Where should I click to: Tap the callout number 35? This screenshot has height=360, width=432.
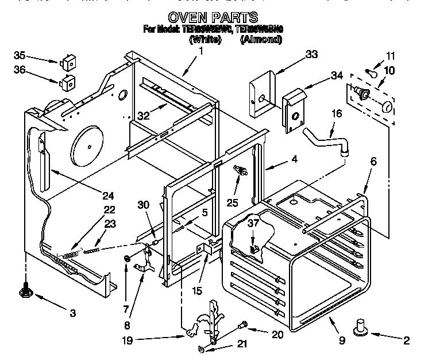point(20,56)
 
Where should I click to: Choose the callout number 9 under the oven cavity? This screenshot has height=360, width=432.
point(342,340)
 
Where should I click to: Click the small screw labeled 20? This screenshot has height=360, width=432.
point(243,325)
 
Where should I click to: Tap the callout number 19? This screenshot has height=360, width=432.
point(128,340)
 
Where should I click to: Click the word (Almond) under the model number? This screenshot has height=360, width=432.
point(261,40)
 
